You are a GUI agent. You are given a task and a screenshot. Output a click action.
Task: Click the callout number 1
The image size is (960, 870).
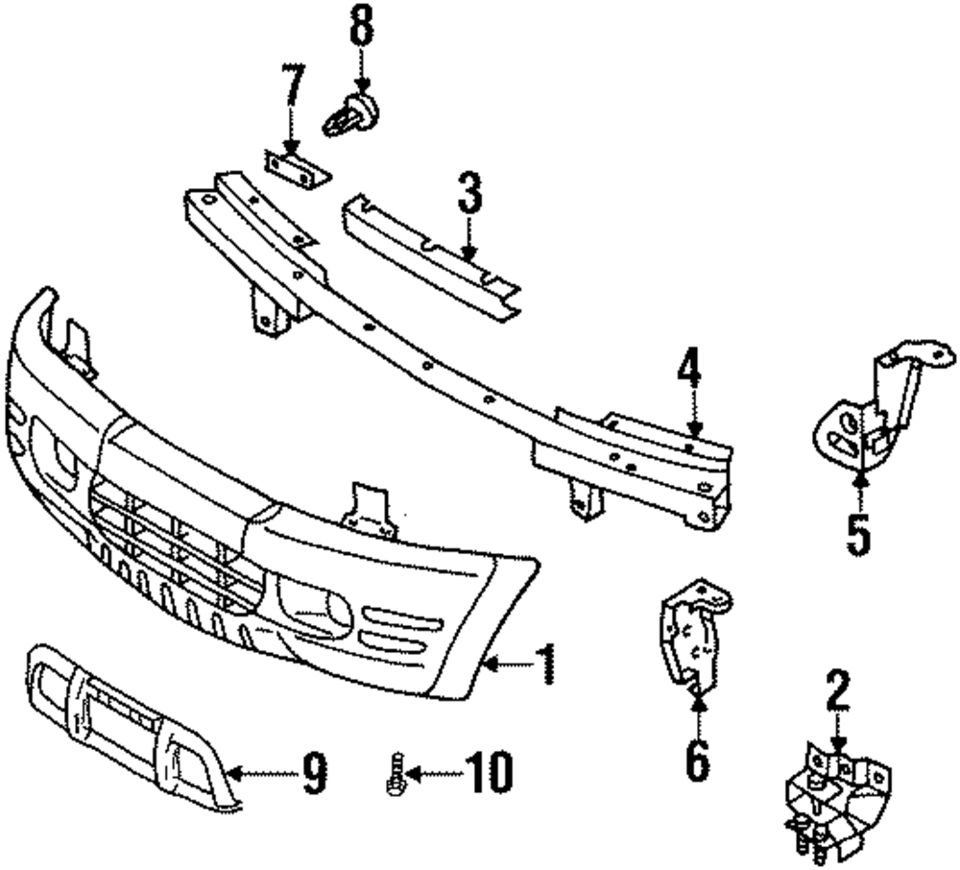(x=544, y=665)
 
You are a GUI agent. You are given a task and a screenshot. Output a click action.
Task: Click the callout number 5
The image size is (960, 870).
(x=858, y=534)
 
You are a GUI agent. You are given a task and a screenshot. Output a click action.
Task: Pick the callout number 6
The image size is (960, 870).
(x=698, y=760)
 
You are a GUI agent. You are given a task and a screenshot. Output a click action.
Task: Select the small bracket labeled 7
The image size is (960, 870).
(x=294, y=169)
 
